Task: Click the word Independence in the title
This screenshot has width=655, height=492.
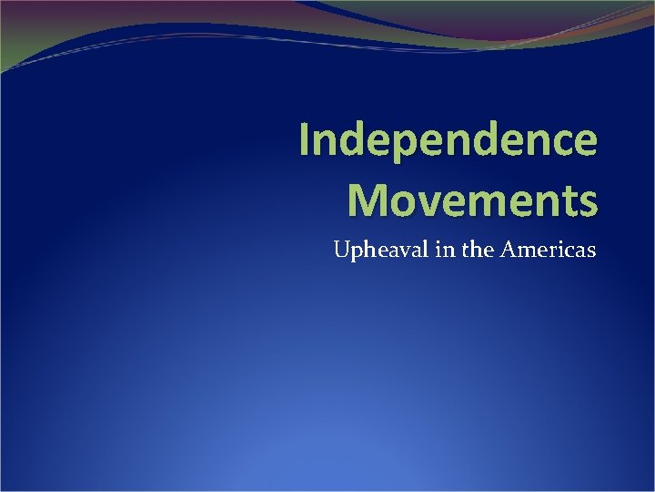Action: [448, 142]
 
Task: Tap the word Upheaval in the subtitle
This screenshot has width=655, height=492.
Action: [377, 249]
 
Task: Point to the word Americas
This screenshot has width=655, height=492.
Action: [551, 249]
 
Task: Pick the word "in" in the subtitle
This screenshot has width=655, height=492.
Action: [443, 249]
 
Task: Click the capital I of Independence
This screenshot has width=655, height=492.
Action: [306, 142]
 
